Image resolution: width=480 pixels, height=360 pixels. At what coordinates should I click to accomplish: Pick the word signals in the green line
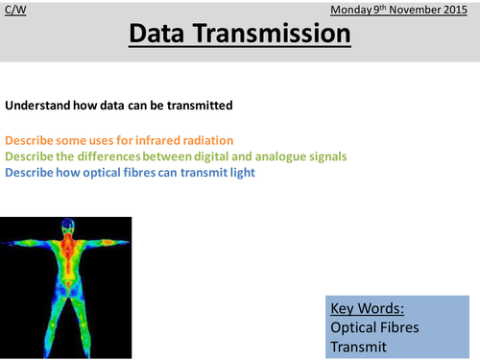321,157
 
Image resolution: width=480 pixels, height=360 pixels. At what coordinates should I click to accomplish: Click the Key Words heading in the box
366,310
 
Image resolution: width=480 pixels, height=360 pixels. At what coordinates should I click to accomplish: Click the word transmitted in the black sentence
200,105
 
